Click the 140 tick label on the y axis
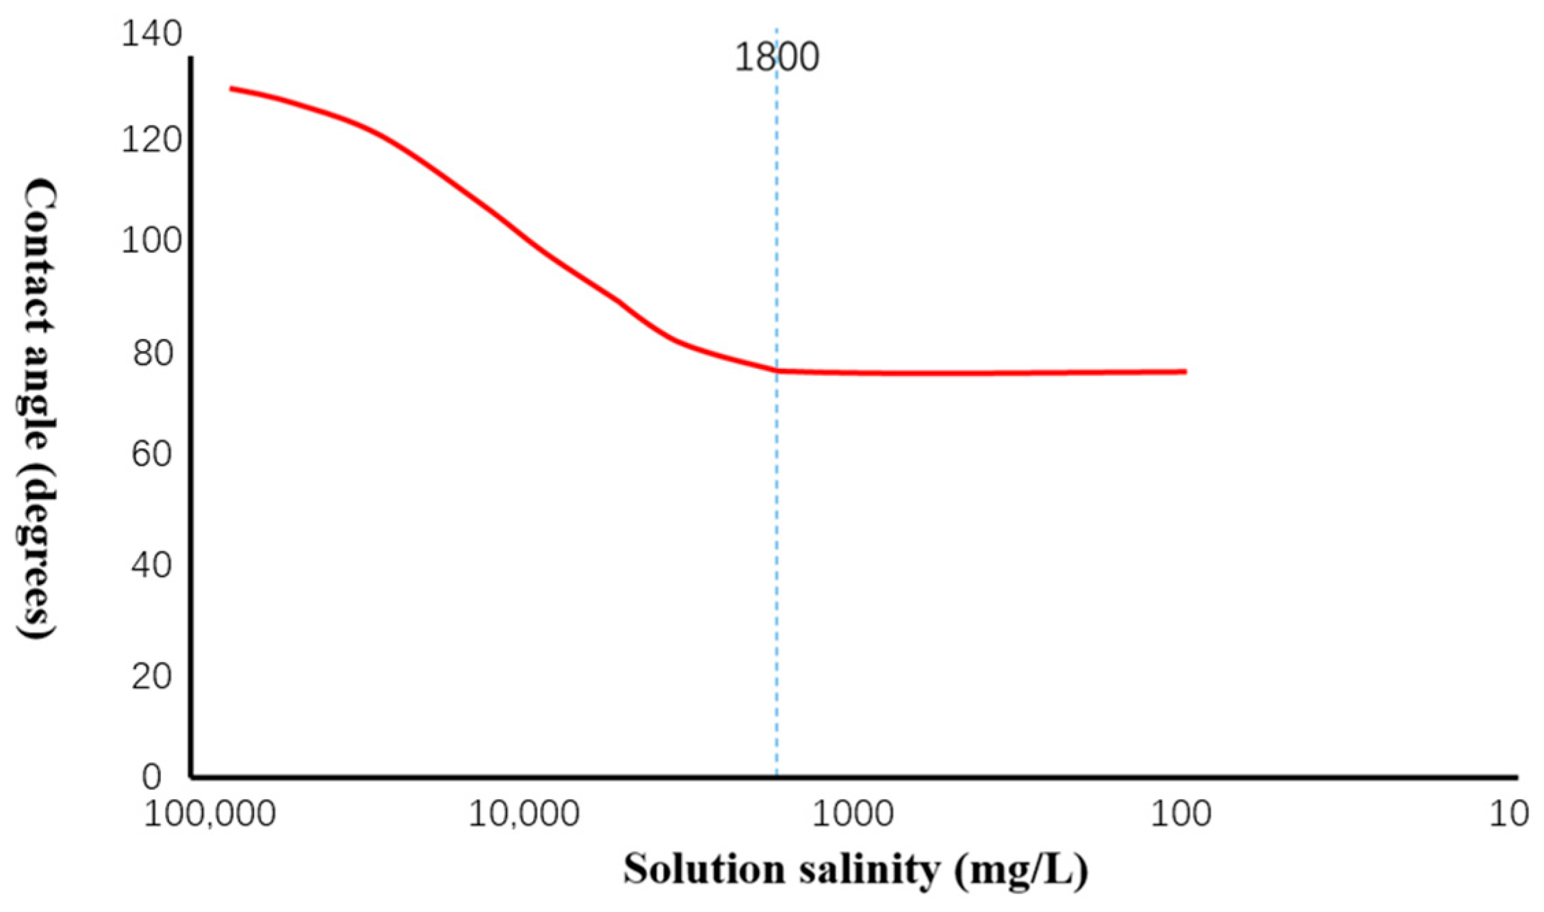point(151,34)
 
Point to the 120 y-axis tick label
point(151,140)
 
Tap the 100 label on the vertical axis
point(151,240)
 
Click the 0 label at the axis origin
point(151,777)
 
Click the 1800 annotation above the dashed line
point(777,58)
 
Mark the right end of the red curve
point(1185,372)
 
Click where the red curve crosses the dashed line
point(777,370)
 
